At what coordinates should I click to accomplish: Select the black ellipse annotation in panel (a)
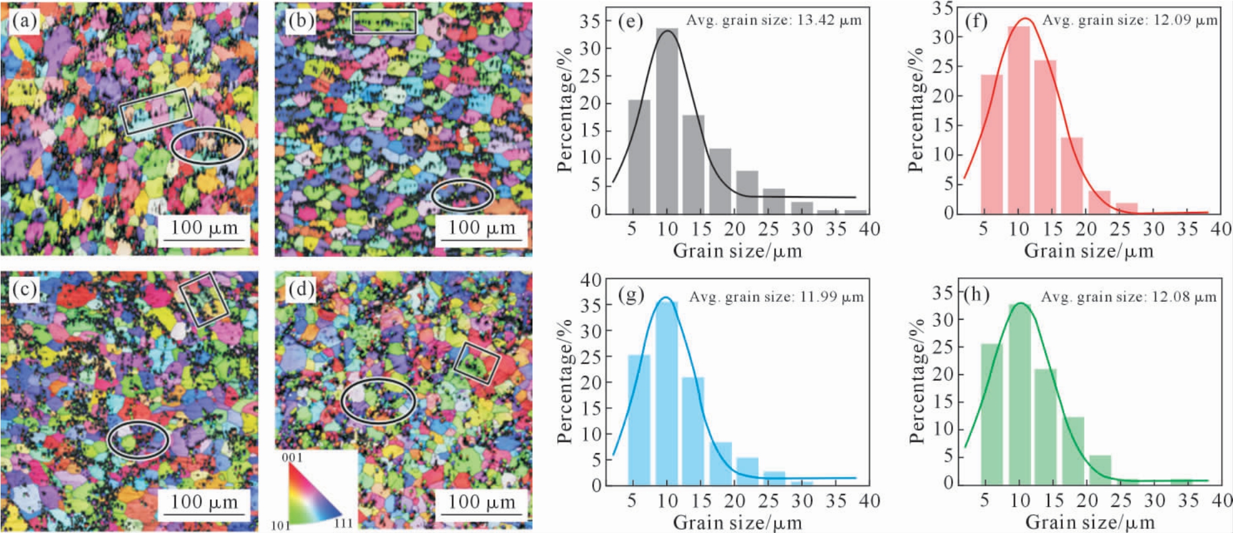pos(208,146)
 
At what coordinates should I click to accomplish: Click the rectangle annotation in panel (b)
pos(384,22)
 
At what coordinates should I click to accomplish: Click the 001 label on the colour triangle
pos(292,458)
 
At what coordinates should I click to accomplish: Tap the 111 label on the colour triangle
pos(343,523)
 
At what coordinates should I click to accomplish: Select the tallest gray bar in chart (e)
pos(667,121)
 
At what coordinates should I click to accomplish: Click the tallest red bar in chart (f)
pos(1019,119)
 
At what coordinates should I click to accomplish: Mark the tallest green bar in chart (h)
pos(1019,393)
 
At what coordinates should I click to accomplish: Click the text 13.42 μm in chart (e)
pos(827,20)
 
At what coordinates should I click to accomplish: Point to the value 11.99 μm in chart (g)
pos(830,297)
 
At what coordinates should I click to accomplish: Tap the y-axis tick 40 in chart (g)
pos(590,281)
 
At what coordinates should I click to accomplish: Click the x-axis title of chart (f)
pos(1088,251)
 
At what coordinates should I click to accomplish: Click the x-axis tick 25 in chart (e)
pos(768,229)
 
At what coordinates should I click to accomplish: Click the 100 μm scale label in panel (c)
pos(204,502)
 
